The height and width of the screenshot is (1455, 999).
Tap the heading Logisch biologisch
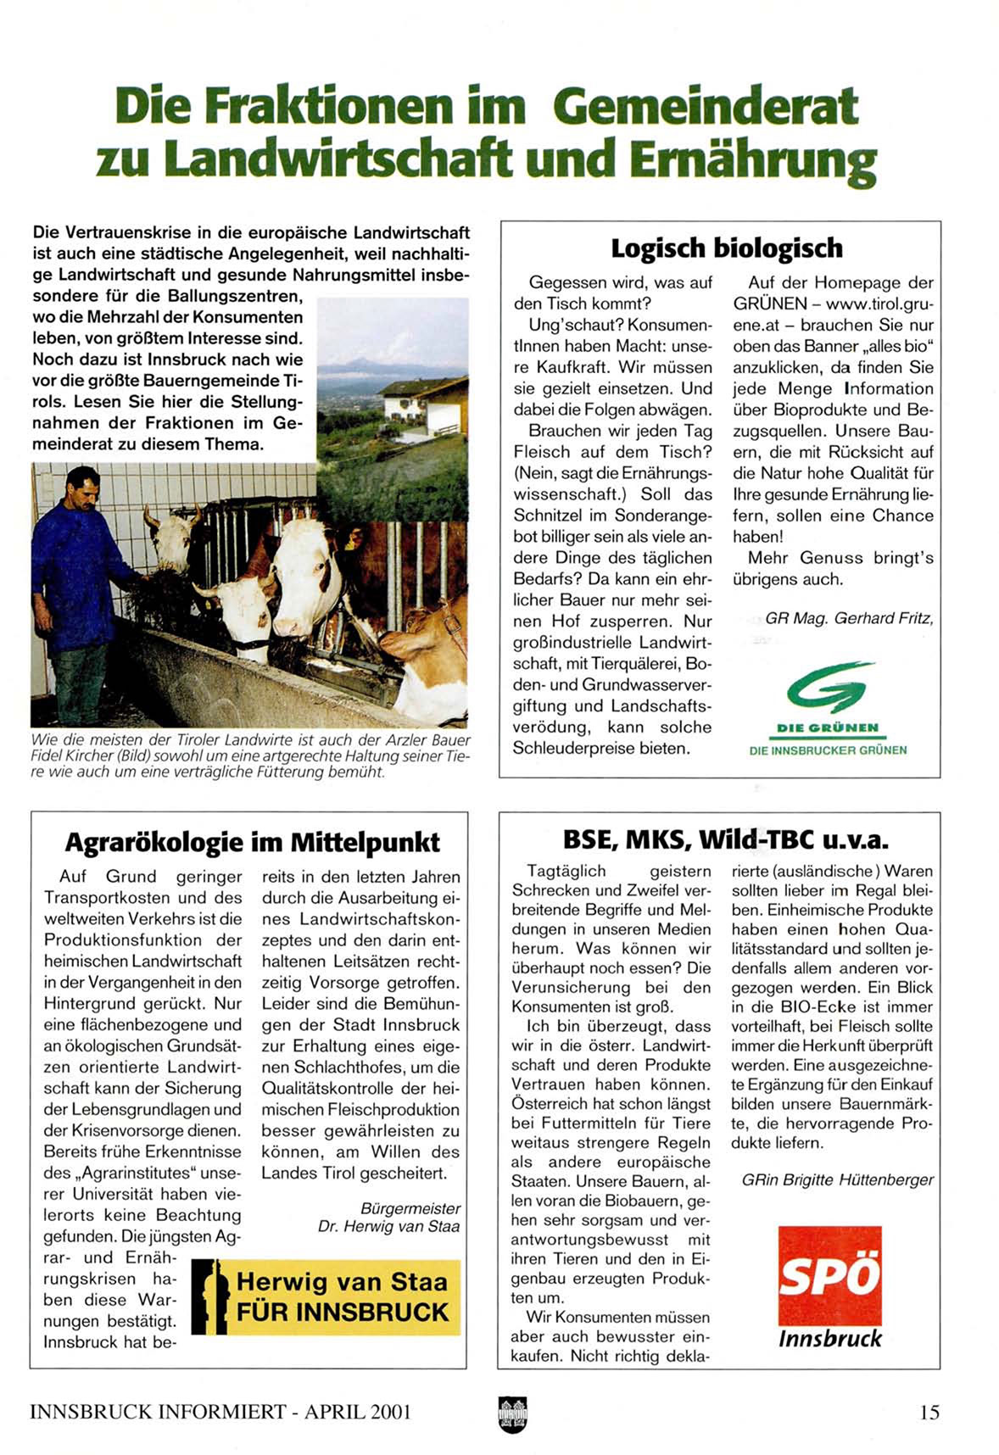727,248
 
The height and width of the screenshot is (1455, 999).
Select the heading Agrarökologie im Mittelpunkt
252,842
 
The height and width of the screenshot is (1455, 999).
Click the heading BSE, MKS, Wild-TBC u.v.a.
725,839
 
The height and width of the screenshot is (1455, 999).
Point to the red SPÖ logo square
829,1275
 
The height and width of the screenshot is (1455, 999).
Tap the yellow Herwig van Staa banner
326,1297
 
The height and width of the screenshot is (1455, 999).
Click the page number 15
929,1412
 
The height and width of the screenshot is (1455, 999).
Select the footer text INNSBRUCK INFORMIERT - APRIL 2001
220,1412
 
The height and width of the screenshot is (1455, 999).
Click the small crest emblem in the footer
512,1413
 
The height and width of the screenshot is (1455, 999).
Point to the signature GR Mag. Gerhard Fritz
848,618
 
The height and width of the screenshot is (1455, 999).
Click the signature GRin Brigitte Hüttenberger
837,1179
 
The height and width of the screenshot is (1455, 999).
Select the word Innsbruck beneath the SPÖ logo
829,1339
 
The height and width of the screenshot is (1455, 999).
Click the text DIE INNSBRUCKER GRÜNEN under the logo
828,750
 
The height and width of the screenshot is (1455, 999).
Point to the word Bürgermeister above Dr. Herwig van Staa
410,1208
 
